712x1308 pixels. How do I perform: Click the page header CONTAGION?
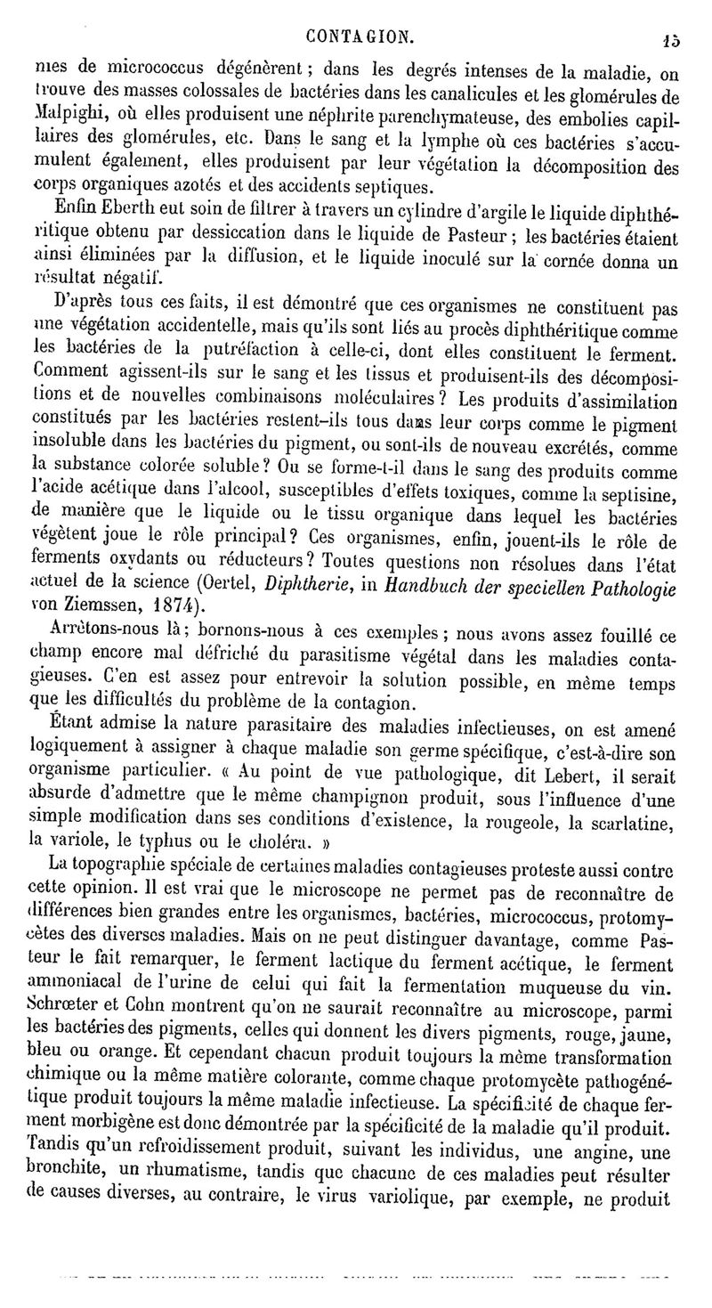359,37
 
